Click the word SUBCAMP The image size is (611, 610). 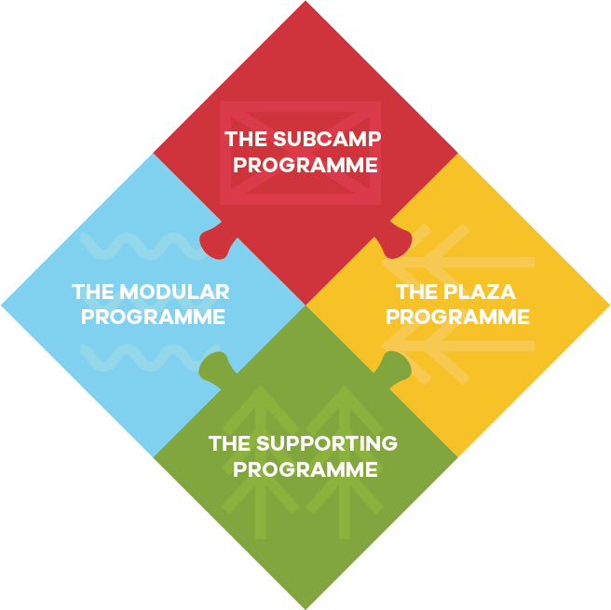tap(328, 140)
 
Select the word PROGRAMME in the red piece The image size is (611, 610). tap(305, 165)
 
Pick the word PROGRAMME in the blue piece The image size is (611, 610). tap(153, 317)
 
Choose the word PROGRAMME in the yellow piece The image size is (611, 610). tap(457, 317)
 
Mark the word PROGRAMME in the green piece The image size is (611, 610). tap(305, 468)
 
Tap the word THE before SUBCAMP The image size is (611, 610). tap(247, 140)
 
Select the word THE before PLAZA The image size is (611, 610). tap(415, 292)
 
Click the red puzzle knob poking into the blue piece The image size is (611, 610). tap(213, 241)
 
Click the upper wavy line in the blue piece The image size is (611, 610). tap(140, 248)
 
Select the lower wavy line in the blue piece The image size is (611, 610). tap(140, 357)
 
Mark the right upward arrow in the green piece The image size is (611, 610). tap(345, 456)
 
